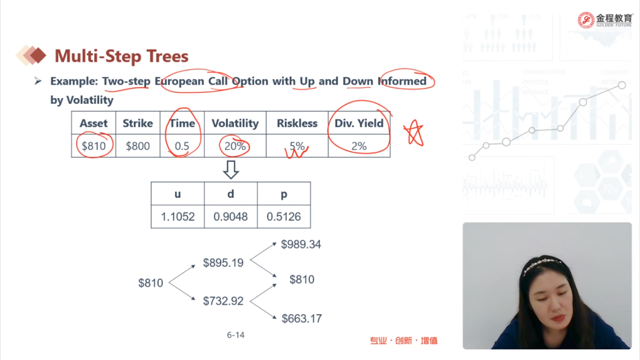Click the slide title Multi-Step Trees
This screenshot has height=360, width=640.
121,56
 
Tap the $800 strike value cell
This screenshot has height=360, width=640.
137,146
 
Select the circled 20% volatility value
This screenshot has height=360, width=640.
235,146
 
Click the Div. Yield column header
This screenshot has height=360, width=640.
359,123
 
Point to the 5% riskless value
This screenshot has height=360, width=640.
296,146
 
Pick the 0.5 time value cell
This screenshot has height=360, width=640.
182,146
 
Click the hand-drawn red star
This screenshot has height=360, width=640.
414,132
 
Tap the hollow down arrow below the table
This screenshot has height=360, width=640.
231,170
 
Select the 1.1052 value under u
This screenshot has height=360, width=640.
178,217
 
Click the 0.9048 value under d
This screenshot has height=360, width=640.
231,217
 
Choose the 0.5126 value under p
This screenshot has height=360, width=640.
284,217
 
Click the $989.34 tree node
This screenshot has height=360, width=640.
301,245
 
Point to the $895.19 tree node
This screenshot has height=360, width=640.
223,263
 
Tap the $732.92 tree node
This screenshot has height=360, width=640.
223,301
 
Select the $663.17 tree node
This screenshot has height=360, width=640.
301,319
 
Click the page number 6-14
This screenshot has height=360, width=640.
236,335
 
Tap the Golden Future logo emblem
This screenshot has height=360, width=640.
586,20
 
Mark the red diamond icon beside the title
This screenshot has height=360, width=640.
38,55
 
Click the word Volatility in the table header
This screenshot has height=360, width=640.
235,123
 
